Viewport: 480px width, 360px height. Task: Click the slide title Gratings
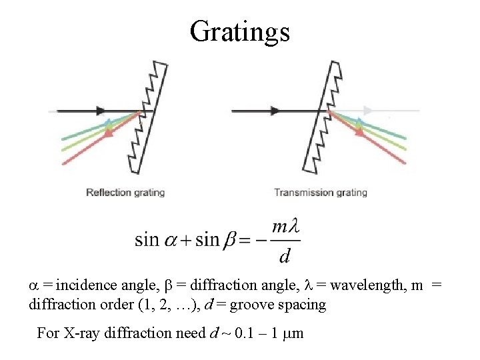pyautogui.click(x=239, y=31)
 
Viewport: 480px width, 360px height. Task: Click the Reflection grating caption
pyautogui.click(x=125, y=193)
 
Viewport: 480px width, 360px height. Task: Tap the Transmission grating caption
pyautogui.click(x=321, y=193)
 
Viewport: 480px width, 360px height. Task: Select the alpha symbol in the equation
pyautogui.click(x=173, y=239)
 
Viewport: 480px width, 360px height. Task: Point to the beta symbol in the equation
pyautogui.click(x=229, y=239)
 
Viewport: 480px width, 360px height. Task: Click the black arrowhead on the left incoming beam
pyautogui.click(x=101, y=111)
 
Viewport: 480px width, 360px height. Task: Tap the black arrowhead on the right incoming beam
pyautogui.click(x=273, y=111)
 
